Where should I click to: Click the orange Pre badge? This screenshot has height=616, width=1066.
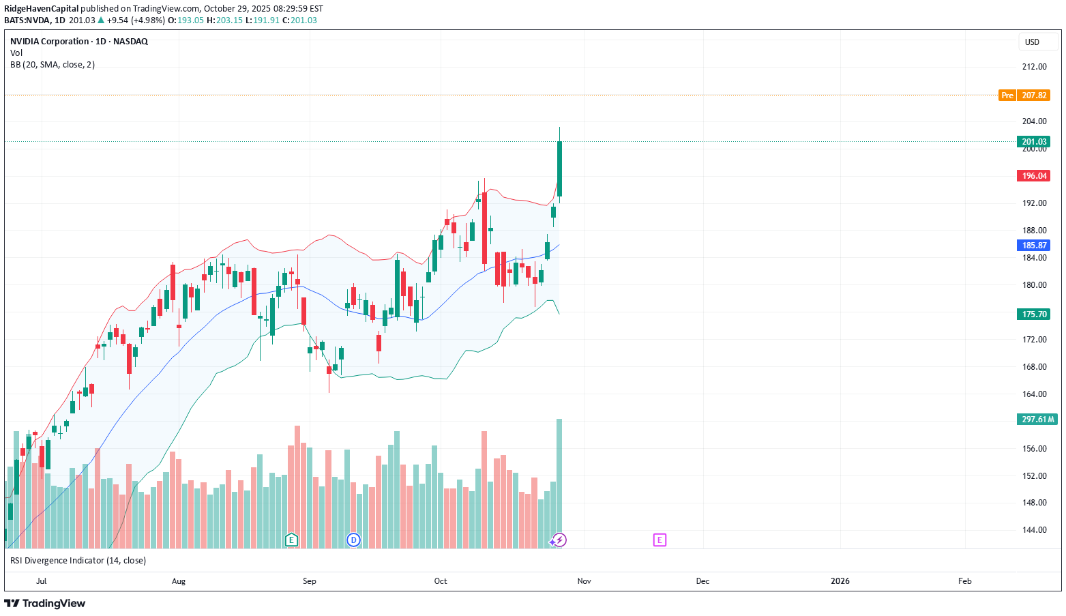1007,96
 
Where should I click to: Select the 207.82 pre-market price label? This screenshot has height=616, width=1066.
1034,96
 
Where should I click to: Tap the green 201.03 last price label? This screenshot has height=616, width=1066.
1034,142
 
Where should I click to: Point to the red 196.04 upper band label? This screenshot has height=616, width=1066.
1034,176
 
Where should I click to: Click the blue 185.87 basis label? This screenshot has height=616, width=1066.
1034,246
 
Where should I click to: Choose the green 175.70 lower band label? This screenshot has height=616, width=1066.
1034,314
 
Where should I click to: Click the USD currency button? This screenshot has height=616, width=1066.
1032,42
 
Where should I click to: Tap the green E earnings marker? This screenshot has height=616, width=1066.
291,540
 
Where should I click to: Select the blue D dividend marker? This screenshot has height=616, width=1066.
353,540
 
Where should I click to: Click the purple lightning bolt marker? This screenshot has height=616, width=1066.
559,540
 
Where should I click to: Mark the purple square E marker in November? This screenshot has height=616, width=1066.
660,540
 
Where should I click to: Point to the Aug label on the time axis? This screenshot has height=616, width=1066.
179,581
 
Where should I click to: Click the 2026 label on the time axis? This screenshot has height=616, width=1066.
840,581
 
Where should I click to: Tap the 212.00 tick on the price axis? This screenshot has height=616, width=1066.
1034,67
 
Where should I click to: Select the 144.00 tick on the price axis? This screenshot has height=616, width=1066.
1034,530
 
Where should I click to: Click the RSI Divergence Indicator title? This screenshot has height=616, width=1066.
78,561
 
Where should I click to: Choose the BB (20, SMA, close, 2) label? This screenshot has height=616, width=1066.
53,65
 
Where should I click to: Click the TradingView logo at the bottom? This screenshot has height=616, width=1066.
45,604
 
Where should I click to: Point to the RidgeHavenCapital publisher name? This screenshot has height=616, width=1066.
42,9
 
